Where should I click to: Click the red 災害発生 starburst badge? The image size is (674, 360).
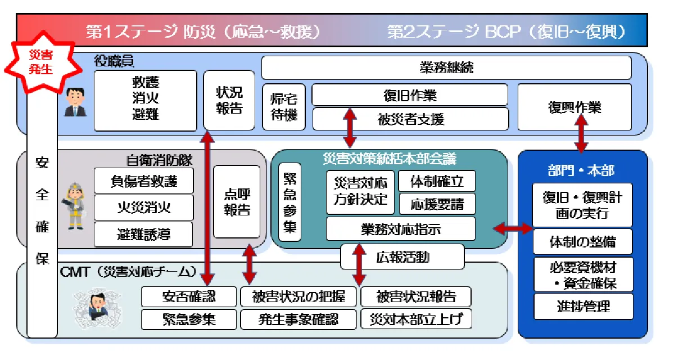pos(40,61)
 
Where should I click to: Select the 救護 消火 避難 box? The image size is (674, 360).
pos(145,99)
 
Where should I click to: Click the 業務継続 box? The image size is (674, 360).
pos(446,67)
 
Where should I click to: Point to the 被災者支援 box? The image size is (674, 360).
pos(410,119)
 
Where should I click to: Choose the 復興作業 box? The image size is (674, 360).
pos(574,107)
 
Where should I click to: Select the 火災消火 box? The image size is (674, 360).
pos(143,208)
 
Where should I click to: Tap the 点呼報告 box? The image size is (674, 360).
pos(237,202)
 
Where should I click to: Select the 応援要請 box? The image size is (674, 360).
pos(437,204)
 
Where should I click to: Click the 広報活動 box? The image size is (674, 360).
pos(402,257)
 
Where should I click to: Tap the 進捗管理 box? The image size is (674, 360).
pos(583,306)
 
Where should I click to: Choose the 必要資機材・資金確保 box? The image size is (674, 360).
pos(583,274)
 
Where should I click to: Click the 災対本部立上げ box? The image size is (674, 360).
pos(416,319)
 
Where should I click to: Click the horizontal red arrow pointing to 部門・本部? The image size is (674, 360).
pos(512,228)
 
